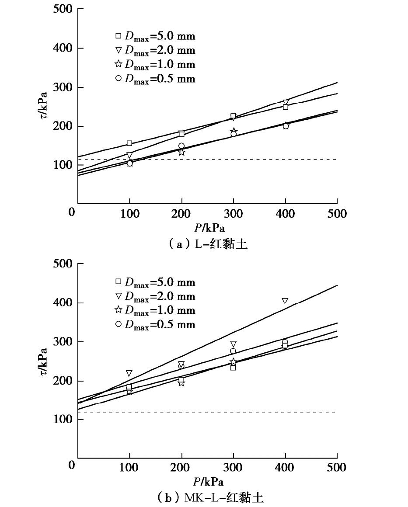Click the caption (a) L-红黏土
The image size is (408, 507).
coord(208,244)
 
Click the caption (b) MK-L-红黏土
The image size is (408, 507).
coord(208,497)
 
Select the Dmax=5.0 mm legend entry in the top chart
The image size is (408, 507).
coord(155,36)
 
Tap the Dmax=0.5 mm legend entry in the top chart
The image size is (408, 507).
coord(155,79)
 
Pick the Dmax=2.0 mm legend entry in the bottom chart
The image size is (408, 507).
coord(155,296)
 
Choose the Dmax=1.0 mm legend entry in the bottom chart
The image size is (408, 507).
coord(155,310)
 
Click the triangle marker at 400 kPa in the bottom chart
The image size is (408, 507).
coord(285,301)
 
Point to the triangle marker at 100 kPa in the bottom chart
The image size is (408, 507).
coord(129,373)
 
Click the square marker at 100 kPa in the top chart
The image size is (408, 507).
coord(129,143)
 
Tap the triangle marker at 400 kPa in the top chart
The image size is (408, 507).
coord(286,102)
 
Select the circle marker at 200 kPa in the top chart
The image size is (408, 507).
coord(181,146)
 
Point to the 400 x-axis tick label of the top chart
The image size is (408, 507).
coord(286,214)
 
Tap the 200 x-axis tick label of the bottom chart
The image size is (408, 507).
coord(181,468)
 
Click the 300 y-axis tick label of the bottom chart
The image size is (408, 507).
coord(63,342)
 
